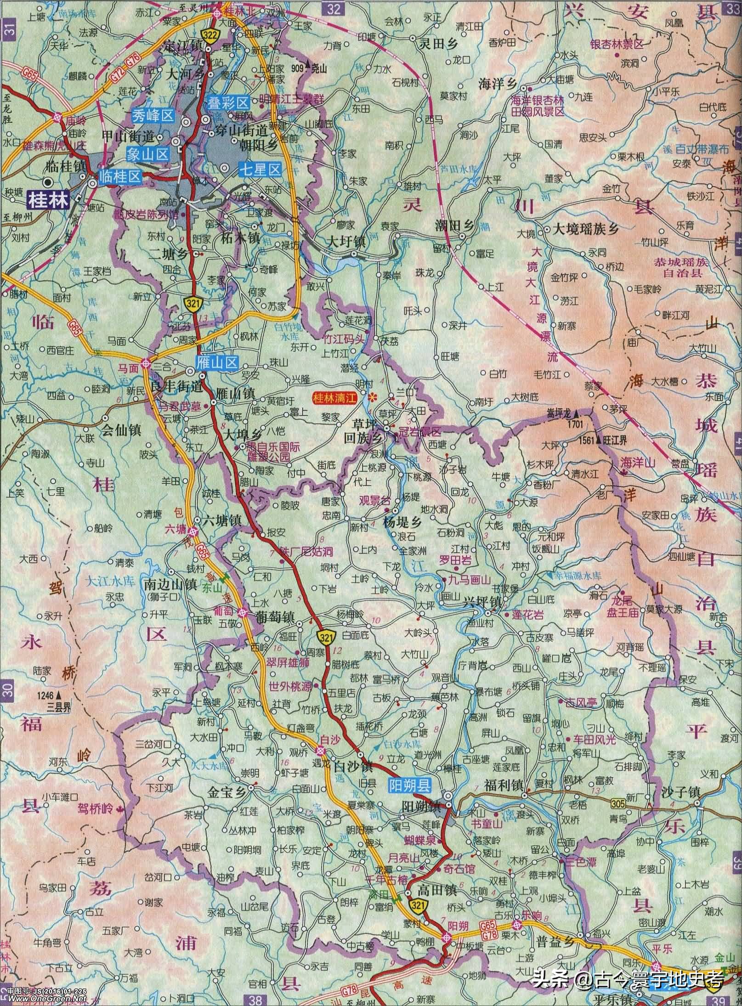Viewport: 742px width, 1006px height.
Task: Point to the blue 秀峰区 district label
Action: [x=153, y=116]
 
